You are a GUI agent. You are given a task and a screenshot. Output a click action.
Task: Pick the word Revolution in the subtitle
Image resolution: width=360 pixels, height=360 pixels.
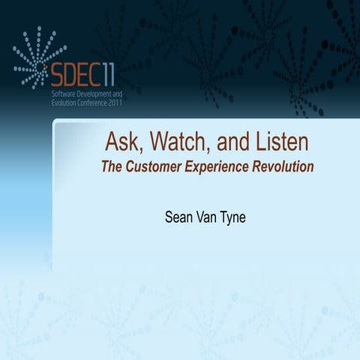[284, 166]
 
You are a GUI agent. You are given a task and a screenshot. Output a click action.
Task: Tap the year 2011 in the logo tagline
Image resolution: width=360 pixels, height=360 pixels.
[112, 103]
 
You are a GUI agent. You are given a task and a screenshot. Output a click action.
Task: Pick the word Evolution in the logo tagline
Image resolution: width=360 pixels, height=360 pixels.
[61, 103]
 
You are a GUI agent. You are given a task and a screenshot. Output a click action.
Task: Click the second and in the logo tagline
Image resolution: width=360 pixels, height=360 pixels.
[116, 94]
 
